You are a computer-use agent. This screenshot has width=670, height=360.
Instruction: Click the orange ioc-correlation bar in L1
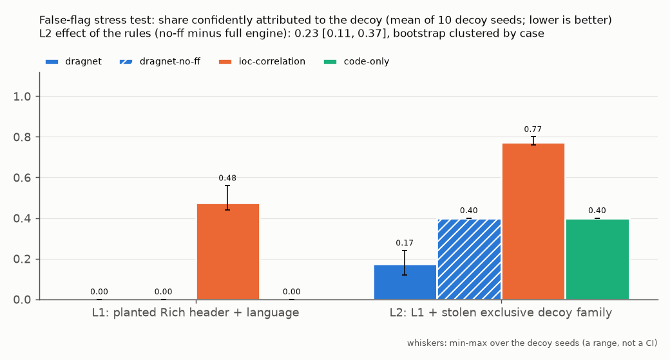228,252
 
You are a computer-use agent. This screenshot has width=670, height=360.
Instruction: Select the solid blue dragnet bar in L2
405,282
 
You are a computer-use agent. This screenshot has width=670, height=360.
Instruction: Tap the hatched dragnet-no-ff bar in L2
469,260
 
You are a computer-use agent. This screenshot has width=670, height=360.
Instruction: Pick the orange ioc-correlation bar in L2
533,221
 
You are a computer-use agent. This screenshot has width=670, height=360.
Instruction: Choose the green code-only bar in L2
597,260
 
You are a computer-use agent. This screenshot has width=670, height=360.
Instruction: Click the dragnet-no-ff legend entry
160,61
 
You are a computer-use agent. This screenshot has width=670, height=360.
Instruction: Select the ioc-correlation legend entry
262,61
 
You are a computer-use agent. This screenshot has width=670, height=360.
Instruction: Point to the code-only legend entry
356,61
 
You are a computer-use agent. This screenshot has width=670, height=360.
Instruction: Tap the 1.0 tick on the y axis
22,97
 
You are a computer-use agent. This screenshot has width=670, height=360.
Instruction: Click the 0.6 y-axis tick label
22,178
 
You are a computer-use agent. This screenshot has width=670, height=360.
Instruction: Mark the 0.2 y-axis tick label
22,260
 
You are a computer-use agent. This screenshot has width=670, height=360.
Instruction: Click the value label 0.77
533,129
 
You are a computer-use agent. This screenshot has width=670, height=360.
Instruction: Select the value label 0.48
227,178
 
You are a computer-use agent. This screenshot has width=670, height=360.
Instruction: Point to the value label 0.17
405,243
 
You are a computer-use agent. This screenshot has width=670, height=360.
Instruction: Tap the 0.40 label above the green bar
597,211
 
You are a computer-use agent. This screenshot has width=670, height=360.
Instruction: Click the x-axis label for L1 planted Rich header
195,312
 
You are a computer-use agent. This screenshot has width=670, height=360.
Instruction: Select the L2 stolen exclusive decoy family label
501,312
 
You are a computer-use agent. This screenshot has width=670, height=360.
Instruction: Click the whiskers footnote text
532,343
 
